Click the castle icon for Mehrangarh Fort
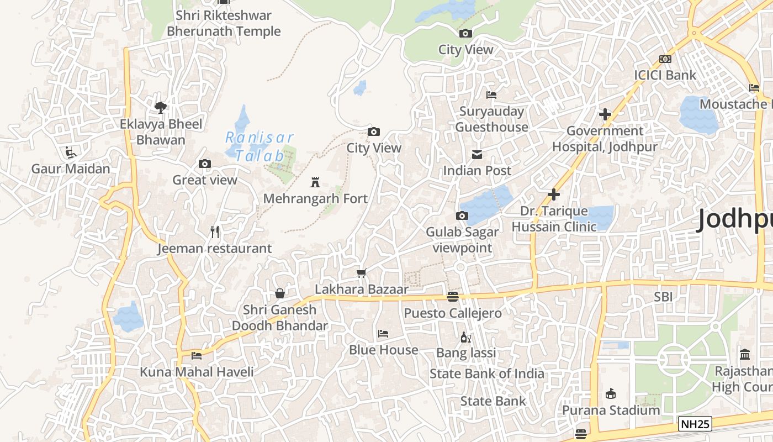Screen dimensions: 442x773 (x=315, y=182)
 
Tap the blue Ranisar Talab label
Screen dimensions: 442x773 (x=260, y=146)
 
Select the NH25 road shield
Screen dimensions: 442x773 (x=695, y=424)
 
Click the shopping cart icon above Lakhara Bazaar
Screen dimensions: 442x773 (x=362, y=273)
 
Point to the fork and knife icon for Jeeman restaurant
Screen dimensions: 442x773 (x=215, y=232)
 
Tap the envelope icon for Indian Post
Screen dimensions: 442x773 (x=477, y=154)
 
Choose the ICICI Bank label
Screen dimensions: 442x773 (x=665, y=75)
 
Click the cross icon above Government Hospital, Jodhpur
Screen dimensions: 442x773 (x=605, y=114)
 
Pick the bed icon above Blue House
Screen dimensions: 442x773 (x=383, y=334)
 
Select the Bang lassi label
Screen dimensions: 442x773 (x=466, y=352)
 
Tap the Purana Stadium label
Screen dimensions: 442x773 (x=611, y=410)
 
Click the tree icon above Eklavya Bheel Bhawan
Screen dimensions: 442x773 (x=161, y=107)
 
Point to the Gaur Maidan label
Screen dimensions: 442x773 (x=71, y=169)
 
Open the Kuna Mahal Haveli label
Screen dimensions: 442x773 (x=197, y=372)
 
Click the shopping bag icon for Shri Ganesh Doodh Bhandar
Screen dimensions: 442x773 (x=280, y=293)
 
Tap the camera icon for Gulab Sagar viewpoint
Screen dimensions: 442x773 (x=462, y=215)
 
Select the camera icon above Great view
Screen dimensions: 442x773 (x=205, y=164)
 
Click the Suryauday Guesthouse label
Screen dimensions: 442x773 (x=491, y=119)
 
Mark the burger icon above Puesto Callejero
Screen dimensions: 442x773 (x=453, y=297)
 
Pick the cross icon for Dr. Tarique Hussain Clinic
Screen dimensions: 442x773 (x=554, y=194)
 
